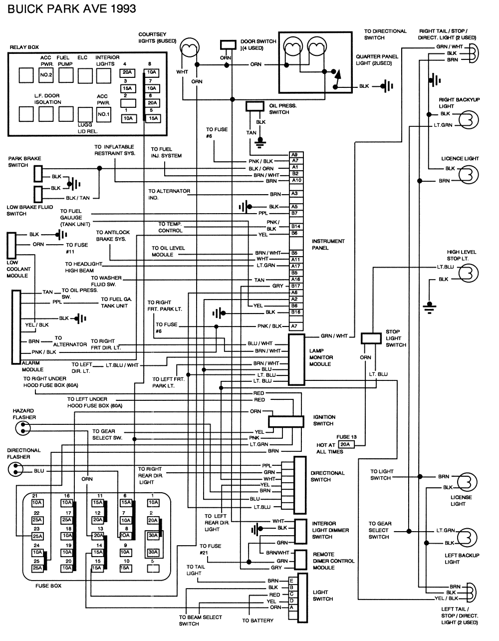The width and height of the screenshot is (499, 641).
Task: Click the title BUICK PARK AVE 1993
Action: (70, 8)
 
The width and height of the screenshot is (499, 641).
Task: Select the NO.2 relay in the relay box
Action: (46, 75)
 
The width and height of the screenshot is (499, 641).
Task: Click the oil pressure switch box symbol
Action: (254, 106)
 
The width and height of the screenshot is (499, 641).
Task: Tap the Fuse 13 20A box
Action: (345, 444)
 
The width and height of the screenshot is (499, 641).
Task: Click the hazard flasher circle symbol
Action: (22, 427)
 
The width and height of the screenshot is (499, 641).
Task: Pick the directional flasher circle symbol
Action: (15, 469)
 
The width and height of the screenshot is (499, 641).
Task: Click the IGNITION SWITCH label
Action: (324, 420)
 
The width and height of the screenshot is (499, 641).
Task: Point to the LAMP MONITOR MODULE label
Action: (321, 357)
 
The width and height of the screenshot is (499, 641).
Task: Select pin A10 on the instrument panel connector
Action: (296, 180)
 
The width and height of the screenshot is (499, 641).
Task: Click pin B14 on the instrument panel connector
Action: (296, 226)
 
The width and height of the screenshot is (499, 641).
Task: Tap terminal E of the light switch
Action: (291, 581)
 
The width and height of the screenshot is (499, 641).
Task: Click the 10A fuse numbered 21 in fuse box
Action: (37, 502)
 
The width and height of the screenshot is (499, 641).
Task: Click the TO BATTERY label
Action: (257, 621)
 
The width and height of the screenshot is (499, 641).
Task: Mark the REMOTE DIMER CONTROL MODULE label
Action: (333, 561)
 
